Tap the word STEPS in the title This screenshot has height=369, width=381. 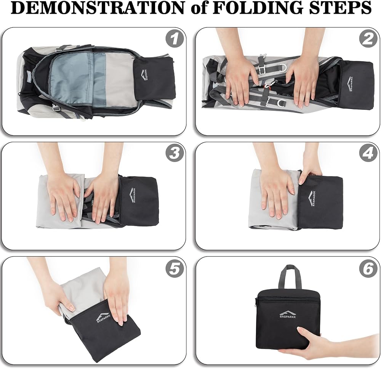[338, 8]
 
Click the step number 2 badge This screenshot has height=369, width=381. [369, 39]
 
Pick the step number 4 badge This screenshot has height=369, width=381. [369, 153]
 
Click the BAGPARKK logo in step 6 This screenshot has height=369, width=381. [288, 314]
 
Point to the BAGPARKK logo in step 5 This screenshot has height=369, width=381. [103, 317]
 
